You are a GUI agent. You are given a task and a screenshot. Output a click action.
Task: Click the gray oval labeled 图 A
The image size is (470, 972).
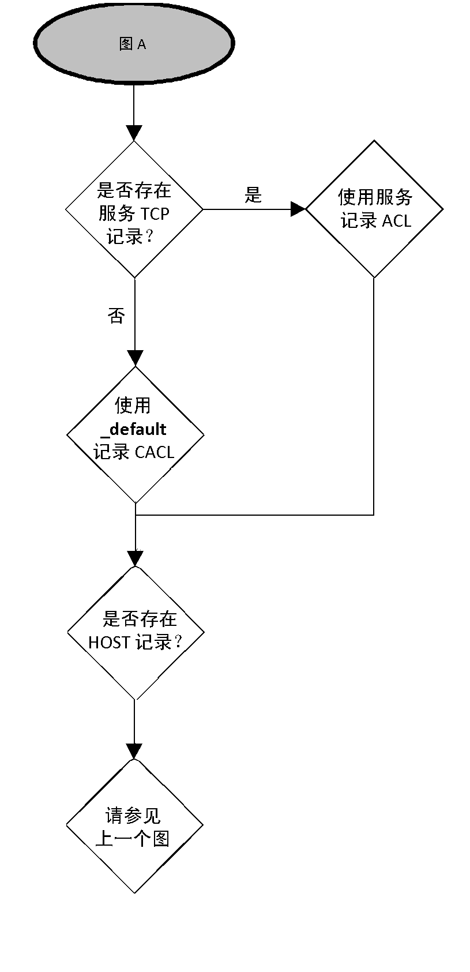click(x=134, y=44)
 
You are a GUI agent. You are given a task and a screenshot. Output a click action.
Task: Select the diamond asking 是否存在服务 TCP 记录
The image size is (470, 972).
click(x=134, y=209)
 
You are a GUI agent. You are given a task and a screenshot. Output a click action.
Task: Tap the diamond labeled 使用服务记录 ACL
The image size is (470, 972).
click(x=374, y=209)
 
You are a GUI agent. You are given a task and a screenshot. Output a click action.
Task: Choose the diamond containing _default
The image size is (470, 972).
click(x=136, y=434)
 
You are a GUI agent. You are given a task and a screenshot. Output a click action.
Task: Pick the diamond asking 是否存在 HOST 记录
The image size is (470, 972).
click(x=136, y=632)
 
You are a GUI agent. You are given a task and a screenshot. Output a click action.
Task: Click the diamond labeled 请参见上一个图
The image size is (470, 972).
click(x=134, y=825)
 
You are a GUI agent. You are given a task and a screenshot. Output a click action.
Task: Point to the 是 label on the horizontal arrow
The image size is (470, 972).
click(x=253, y=195)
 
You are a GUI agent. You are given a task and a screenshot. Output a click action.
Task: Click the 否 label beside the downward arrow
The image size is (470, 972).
click(x=116, y=316)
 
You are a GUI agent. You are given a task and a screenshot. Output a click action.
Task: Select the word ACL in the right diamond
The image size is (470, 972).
click(x=396, y=221)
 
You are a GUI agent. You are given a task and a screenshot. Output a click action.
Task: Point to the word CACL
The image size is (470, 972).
click(x=154, y=452)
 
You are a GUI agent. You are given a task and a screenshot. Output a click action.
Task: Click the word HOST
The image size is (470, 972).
click(x=109, y=642)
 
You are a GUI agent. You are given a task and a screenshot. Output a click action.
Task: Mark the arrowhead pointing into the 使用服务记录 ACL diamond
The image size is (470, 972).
click(x=298, y=209)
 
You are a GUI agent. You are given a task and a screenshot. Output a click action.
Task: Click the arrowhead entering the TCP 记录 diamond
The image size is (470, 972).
click(x=134, y=133)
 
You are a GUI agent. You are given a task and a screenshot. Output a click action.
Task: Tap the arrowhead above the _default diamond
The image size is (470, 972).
click(x=135, y=358)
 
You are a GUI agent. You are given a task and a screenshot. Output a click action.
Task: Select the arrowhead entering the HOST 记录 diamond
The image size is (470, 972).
click(x=135, y=558)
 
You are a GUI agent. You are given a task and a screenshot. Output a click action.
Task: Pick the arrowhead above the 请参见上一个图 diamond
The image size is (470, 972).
click(x=134, y=751)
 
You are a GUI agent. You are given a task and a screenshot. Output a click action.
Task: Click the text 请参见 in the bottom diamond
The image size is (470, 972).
click(x=133, y=815)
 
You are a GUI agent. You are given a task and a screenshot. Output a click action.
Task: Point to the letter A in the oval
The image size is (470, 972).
click(x=141, y=44)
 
